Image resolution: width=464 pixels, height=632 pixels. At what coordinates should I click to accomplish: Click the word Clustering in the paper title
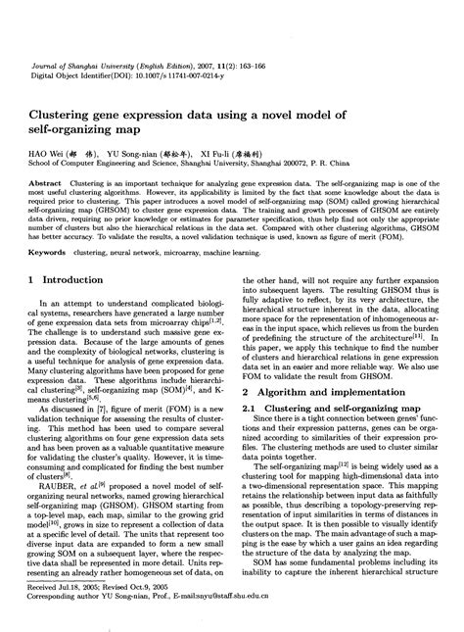point(64,88)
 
